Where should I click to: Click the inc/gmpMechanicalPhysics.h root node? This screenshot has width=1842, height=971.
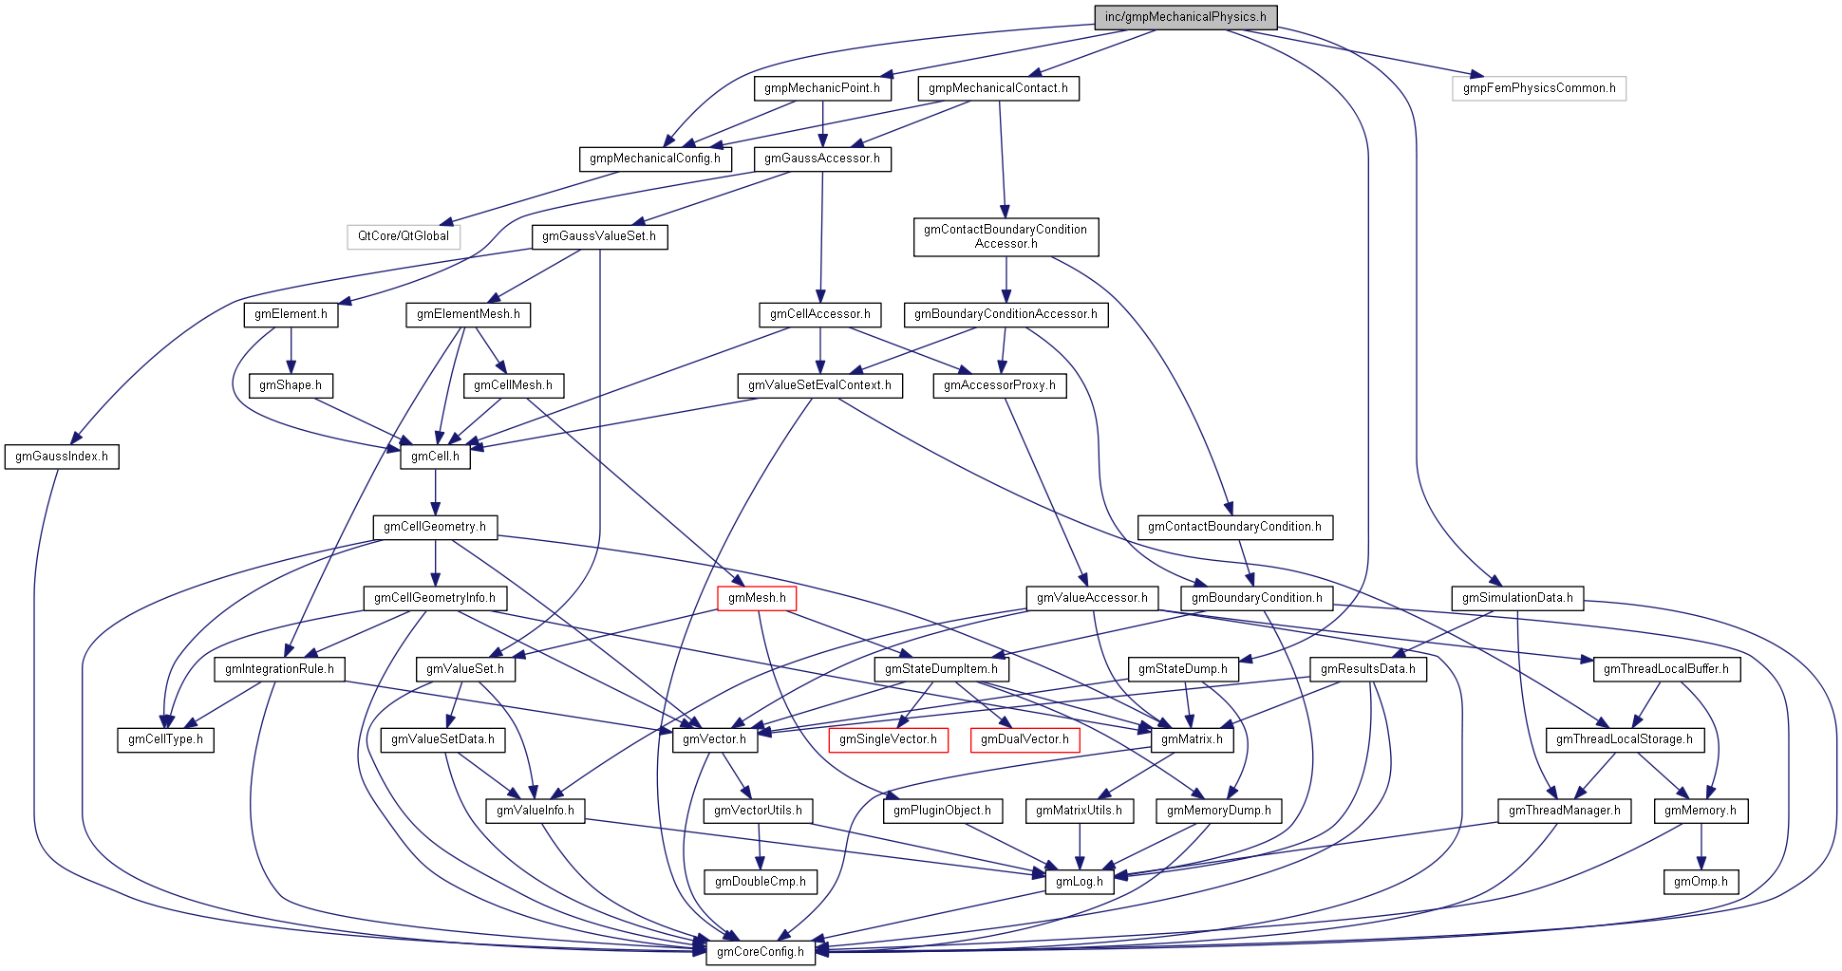(1185, 17)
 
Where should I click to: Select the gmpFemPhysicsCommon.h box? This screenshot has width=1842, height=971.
(1538, 88)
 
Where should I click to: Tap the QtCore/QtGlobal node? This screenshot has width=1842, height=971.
(404, 236)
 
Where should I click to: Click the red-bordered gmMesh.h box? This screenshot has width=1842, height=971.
(757, 598)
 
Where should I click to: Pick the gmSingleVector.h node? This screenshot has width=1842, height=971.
(888, 739)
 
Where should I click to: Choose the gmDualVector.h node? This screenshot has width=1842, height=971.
(1024, 739)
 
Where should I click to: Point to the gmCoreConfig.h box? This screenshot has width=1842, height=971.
(760, 952)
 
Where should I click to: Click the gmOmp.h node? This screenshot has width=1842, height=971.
(1701, 882)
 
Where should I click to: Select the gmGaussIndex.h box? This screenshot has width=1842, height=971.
(62, 457)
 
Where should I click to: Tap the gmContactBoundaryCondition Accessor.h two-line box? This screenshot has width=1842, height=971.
(1006, 236)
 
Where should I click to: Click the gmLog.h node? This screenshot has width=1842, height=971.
(1079, 882)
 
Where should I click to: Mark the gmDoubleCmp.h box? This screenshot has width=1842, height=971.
(760, 882)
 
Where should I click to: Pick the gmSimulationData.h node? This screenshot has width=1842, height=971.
(1516, 598)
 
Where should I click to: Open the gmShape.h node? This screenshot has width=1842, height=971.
(291, 385)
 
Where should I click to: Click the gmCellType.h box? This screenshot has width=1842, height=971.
(166, 739)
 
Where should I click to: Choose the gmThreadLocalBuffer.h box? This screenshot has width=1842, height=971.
(1666, 669)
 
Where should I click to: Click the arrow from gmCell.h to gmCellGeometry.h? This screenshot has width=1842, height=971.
(435, 492)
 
